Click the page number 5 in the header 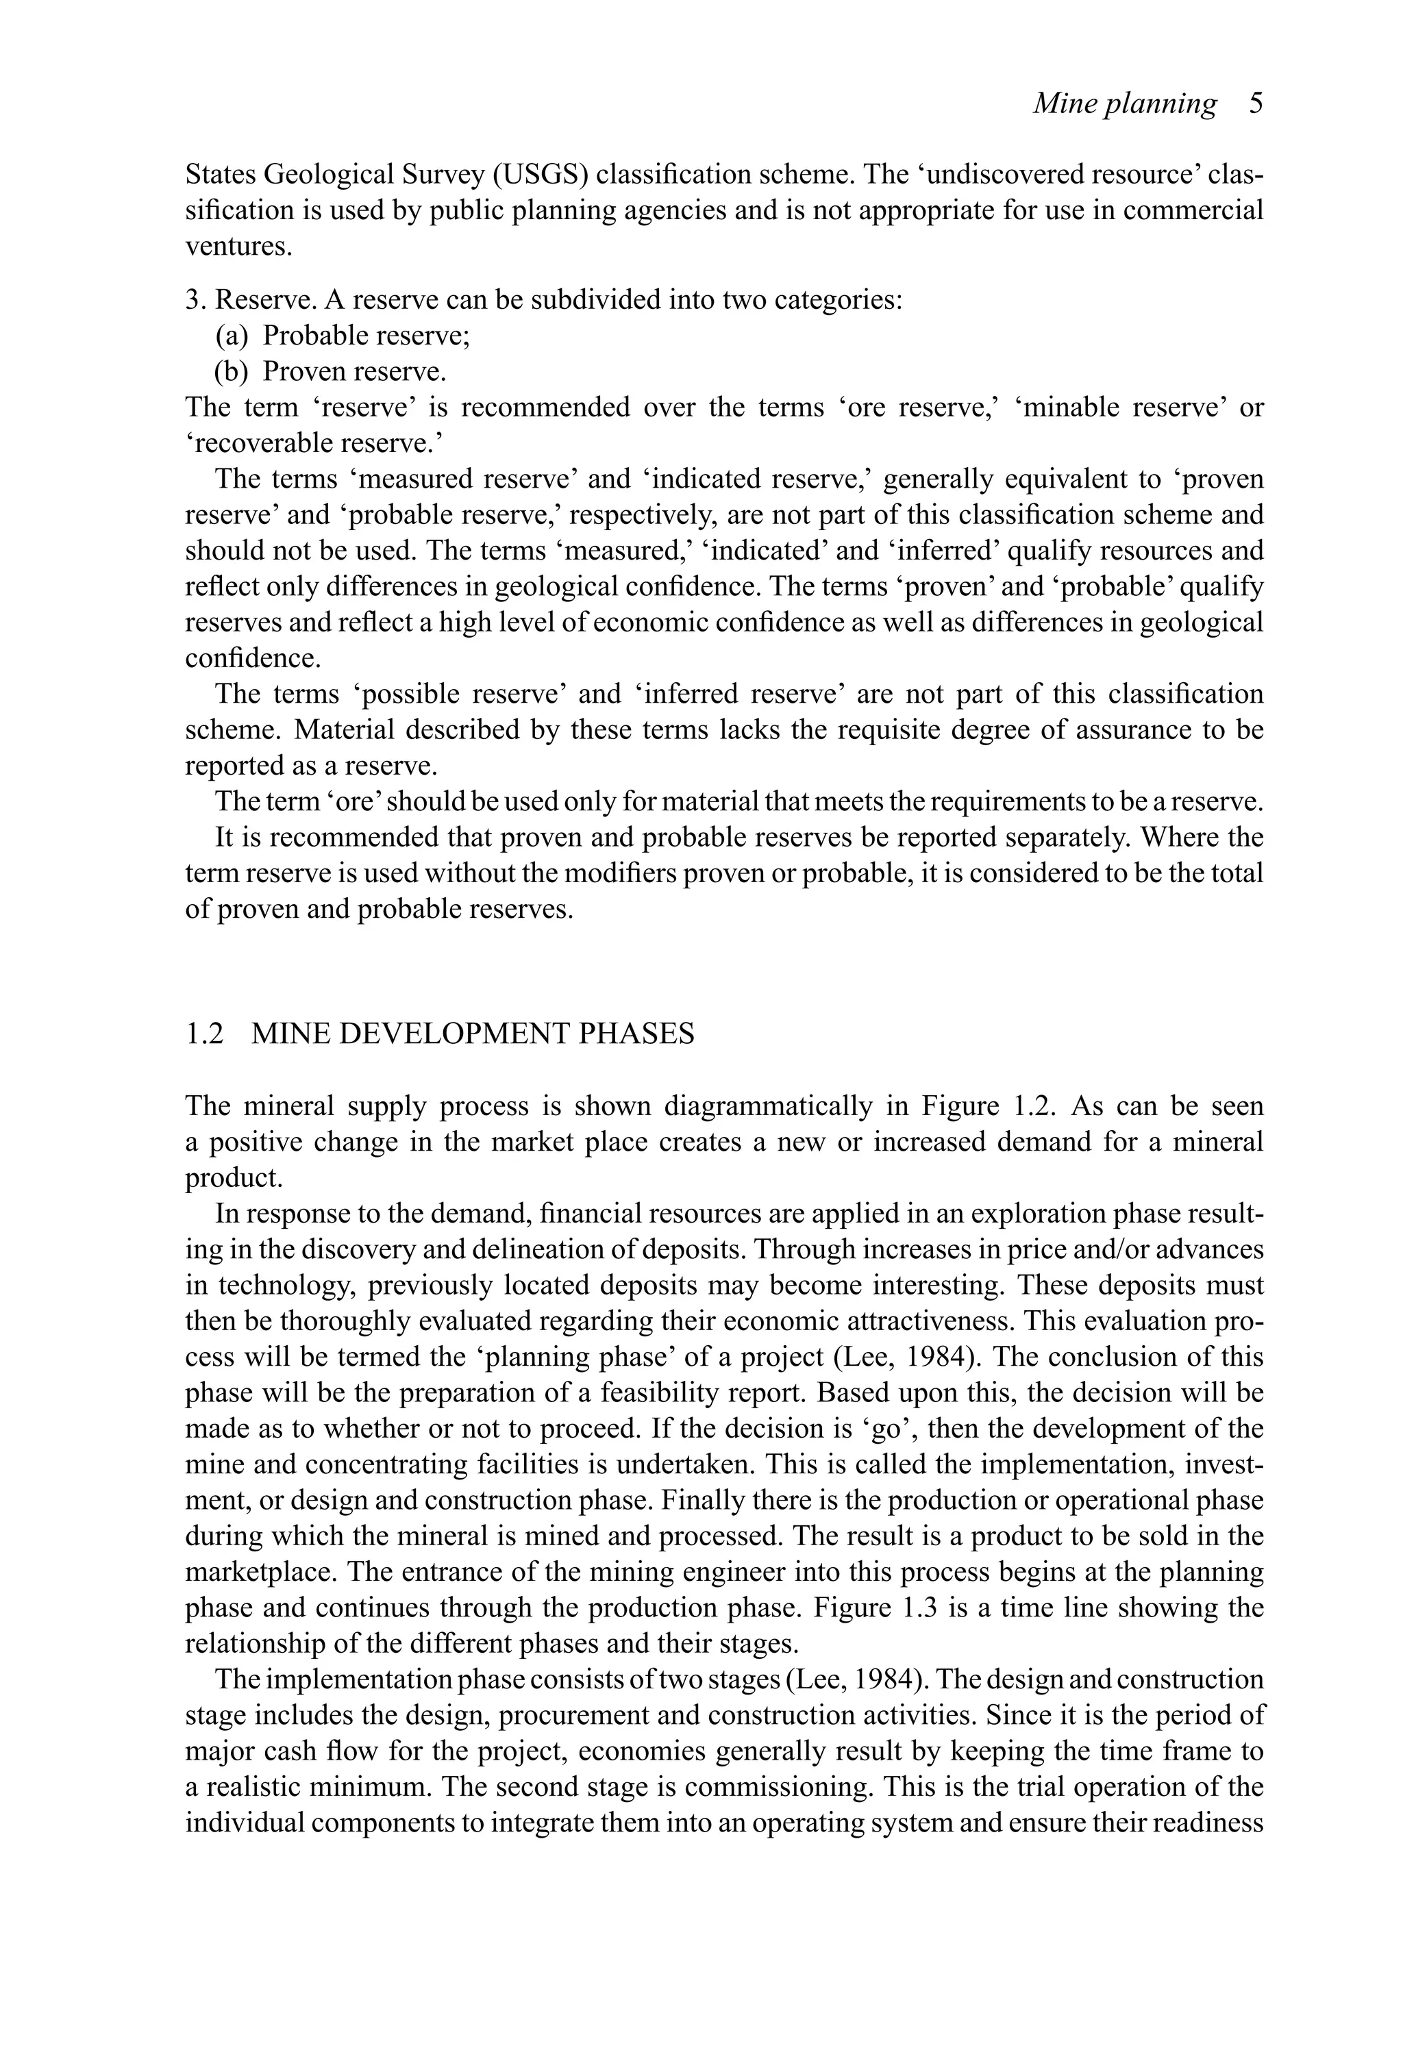point(1256,104)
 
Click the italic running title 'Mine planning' point(1124,104)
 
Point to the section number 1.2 point(204,1034)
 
